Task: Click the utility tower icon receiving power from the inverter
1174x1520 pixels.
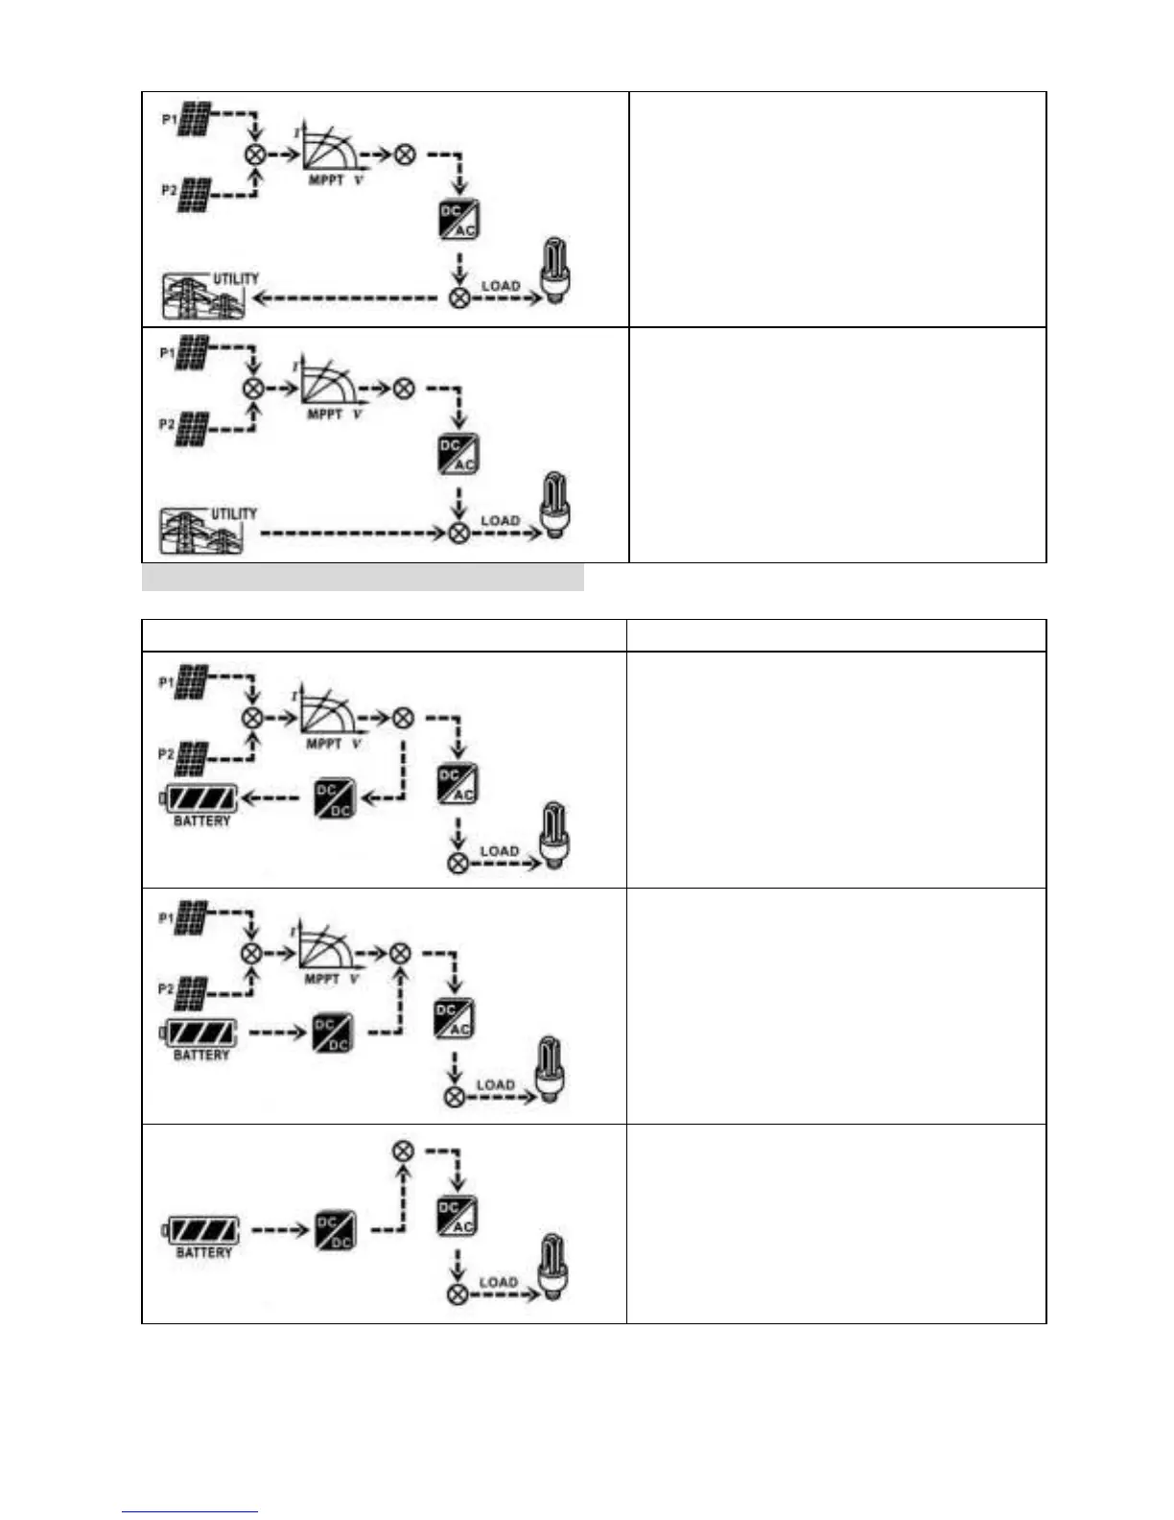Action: pyautogui.click(x=203, y=296)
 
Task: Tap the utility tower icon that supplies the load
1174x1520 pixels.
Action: pyautogui.click(x=201, y=531)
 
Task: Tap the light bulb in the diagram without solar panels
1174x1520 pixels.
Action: pyautogui.click(x=553, y=1268)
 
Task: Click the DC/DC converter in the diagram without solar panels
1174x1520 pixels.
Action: pyautogui.click(x=335, y=1230)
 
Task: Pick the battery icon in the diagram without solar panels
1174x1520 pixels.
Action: pyautogui.click(x=202, y=1230)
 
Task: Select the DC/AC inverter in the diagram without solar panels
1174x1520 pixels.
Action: pyautogui.click(x=457, y=1218)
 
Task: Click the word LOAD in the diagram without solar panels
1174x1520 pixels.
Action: pyautogui.click(x=499, y=1282)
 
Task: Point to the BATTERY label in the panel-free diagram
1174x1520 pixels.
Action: pyautogui.click(x=204, y=1253)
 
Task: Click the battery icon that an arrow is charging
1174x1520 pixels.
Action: pyautogui.click(x=200, y=798)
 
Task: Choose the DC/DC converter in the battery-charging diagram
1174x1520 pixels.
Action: pyautogui.click(x=335, y=798)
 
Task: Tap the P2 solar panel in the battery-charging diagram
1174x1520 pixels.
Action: pyautogui.click(x=193, y=758)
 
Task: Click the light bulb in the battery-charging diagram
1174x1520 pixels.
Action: pyautogui.click(x=554, y=836)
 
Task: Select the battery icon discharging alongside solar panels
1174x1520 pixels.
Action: pyautogui.click(x=200, y=1033)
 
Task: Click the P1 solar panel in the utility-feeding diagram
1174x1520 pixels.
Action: pyautogui.click(x=195, y=119)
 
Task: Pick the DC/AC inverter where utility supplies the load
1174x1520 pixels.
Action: pyautogui.click(x=458, y=454)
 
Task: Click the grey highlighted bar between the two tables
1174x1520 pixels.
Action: pyautogui.click(x=363, y=578)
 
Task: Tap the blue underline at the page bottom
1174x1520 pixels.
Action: pyautogui.click(x=190, y=1512)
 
